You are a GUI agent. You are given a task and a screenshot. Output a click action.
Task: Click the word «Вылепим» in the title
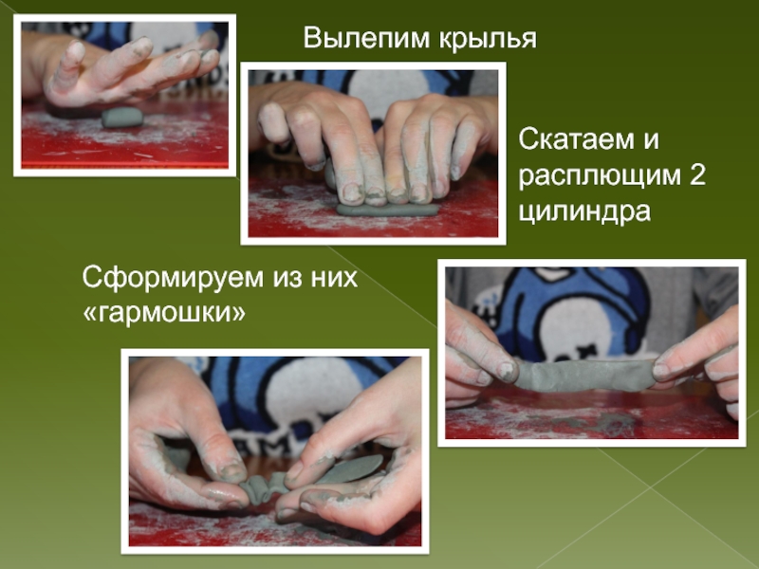(367, 38)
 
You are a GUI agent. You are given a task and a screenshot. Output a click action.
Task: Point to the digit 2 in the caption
(696, 174)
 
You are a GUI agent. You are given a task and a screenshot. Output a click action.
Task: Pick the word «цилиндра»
(584, 211)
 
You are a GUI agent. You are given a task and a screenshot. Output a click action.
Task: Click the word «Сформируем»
(173, 279)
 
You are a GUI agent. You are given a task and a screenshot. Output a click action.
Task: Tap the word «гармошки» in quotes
(164, 314)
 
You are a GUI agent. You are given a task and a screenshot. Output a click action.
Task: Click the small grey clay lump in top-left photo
(122, 118)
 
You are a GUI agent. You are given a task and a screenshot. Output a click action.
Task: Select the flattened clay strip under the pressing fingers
(387, 210)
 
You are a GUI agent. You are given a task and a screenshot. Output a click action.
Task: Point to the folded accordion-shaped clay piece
(265, 487)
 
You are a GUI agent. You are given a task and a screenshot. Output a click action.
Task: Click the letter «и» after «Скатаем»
(651, 140)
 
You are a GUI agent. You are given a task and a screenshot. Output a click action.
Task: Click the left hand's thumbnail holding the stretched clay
(507, 371)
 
